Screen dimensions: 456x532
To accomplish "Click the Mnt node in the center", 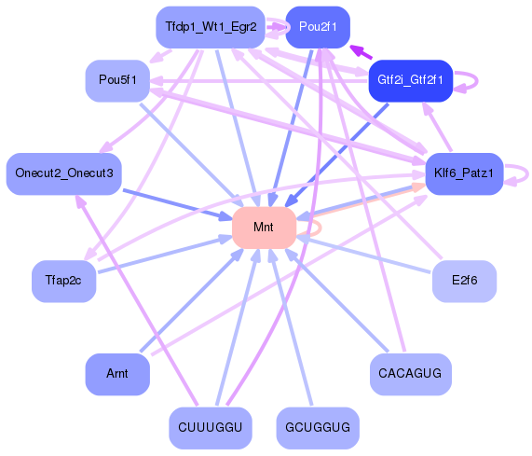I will pyautogui.click(x=264, y=228).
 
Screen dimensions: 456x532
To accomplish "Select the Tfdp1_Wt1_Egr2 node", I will pyautogui.click(x=210, y=26).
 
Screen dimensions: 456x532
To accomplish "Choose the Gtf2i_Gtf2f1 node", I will pyautogui.click(x=410, y=81).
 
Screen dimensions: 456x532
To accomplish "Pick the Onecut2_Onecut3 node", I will pyautogui.click(x=64, y=173).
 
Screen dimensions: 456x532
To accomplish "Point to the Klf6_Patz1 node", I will pyautogui.click(x=463, y=173).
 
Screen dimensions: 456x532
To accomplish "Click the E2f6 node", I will pyautogui.click(x=463, y=280).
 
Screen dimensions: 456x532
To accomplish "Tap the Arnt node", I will pyautogui.click(x=117, y=373).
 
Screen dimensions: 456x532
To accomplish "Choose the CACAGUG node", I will pyautogui.click(x=410, y=373).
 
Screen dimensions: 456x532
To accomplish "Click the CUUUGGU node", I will pyautogui.click(x=210, y=427).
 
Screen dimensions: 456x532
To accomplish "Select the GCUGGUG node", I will pyautogui.click(x=318, y=427).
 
